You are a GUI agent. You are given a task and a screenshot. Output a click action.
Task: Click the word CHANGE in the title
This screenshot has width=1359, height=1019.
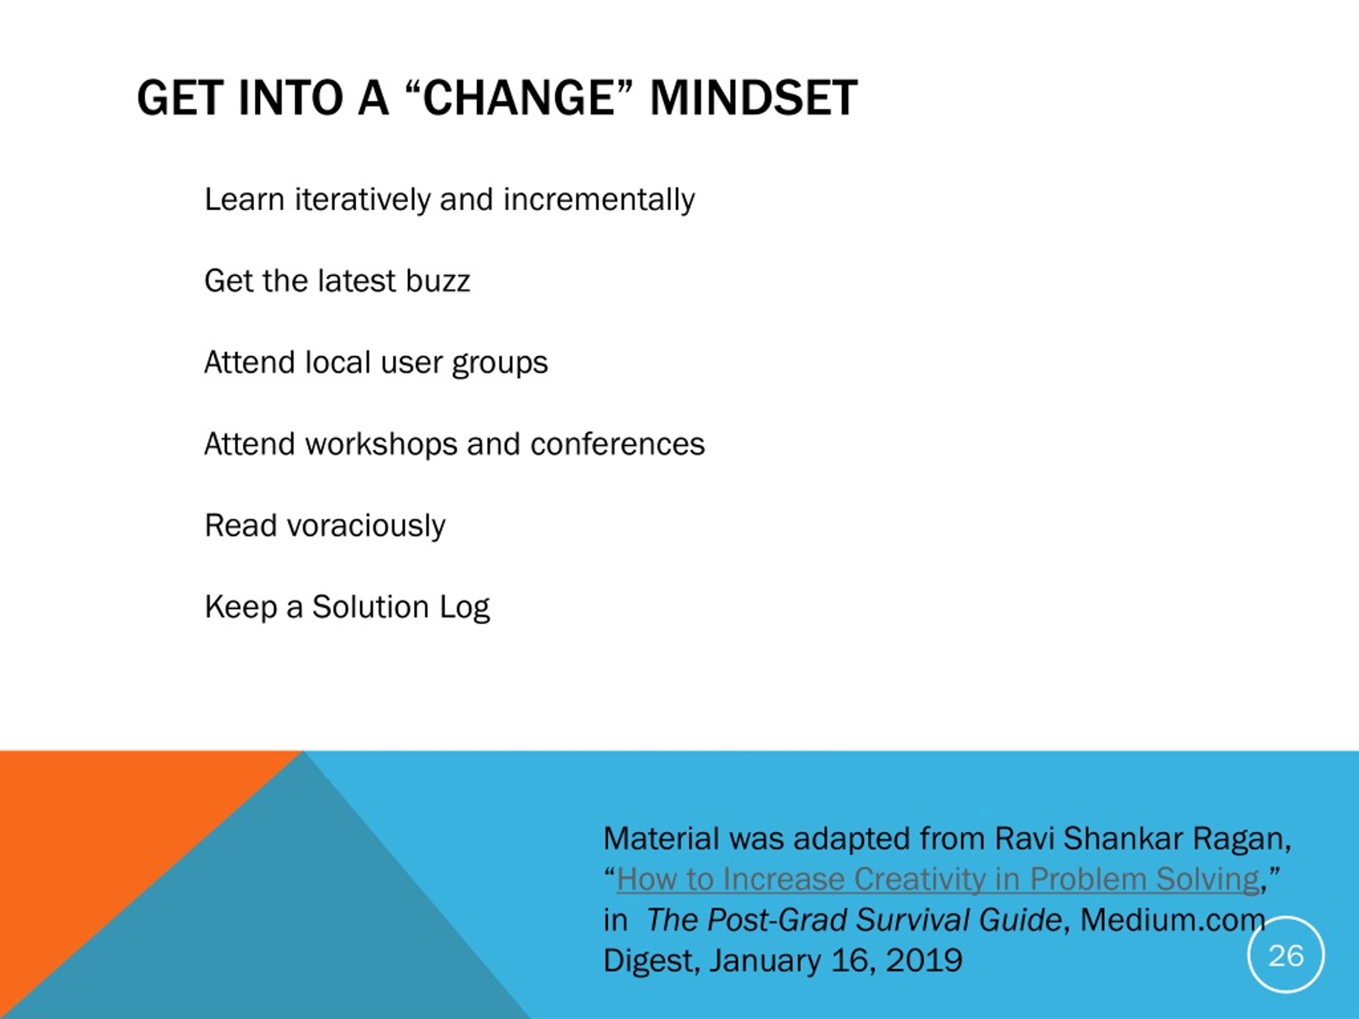pyautogui.click(x=519, y=98)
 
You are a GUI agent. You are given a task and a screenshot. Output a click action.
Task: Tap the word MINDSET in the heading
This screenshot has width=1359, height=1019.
pyautogui.click(x=754, y=98)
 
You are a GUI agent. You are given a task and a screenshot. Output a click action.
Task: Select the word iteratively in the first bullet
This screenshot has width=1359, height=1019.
pyautogui.click(x=363, y=200)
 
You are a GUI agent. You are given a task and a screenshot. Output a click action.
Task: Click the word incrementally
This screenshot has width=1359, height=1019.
pyautogui.click(x=599, y=200)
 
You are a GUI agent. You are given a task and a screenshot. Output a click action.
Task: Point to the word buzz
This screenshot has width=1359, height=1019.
pyautogui.click(x=437, y=281)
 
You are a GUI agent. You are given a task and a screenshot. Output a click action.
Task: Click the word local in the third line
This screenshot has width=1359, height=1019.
pyautogui.click(x=338, y=362)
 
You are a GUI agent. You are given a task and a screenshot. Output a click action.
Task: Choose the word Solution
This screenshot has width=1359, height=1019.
pyautogui.click(x=371, y=607)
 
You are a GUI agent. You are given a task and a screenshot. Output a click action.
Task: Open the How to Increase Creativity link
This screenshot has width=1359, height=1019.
pyautogui.click(x=938, y=879)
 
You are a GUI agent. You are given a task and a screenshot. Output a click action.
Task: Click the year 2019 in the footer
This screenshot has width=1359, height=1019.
pyautogui.click(x=924, y=961)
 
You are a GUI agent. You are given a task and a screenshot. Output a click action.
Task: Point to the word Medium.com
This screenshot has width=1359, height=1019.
pyautogui.click(x=1173, y=920)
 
